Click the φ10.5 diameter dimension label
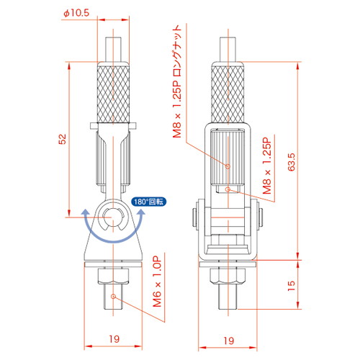pyautogui.click(x=76, y=13)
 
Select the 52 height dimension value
pyautogui.click(x=62, y=139)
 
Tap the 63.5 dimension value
pyautogui.click(x=291, y=162)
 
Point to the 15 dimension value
pyautogui.click(x=291, y=286)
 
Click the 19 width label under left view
pyautogui.click(x=114, y=339)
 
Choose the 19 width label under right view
pyautogui.click(x=228, y=341)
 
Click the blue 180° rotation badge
pyautogui.click(x=149, y=202)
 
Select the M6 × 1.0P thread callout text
pyautogui.click(x=157, y=282)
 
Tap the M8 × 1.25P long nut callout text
pyautogui.click(x=177, y=81)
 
